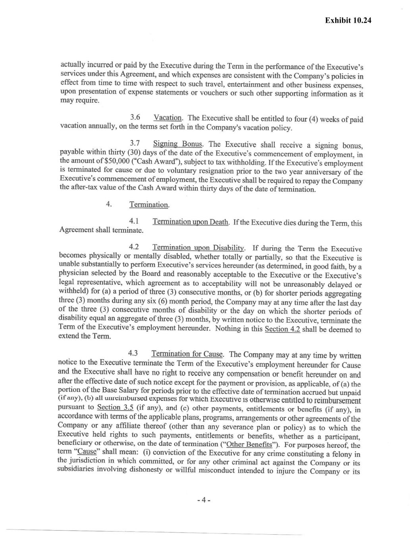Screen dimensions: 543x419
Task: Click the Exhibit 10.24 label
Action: (348, 20)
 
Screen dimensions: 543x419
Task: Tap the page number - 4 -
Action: (203, 500)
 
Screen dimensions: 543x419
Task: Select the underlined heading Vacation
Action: (168, 118)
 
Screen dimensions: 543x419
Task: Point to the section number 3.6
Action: (135, 117)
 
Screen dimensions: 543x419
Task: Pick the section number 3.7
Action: (135, 143)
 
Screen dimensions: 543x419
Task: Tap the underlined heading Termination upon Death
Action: (191, 222)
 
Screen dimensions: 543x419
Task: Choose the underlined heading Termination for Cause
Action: (187, 354)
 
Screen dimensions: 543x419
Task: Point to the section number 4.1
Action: (134, 221)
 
